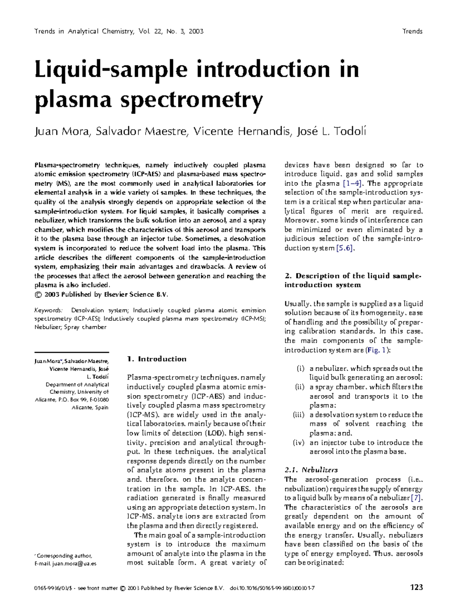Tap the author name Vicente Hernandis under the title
(x=242, y=132)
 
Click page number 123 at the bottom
(x=416, y=587)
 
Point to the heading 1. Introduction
(x=156, y=359)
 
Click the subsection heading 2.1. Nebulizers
(x=311, y=470)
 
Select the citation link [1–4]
(x=352, y=184)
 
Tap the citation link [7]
(x=416, y=498)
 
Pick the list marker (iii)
(x=298, y=415)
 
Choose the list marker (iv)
(x=298, y=442)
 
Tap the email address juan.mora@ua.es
(x=75, y=564)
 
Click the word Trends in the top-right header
(x=412, y=31)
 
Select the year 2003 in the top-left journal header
(x=196, y=31)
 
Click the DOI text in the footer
(x=272, y=588)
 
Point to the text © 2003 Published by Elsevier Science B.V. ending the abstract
(x=101, y=294)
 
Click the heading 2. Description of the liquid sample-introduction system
(x=353, y=280)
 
